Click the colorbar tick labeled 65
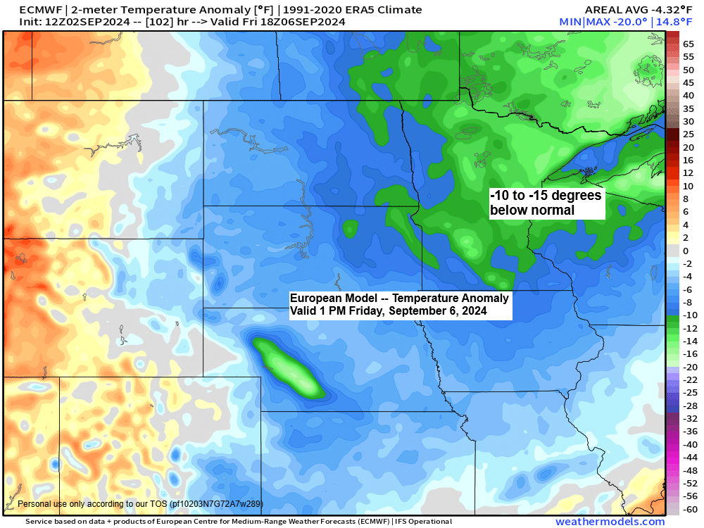click(x=689, y=44)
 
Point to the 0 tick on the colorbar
click(x=686, y=251)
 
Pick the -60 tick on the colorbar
click(x=689, y=509)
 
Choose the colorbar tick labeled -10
click(x=689, y=315)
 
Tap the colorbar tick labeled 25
click(x=689, y=134)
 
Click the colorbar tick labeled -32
click(x=689, y=418)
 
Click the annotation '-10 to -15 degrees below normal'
click(x=546, y=203)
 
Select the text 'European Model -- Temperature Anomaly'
click(x=399, y=298)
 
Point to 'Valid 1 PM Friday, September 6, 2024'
click(x=388, y=310)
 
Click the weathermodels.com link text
click(x=610, y=522)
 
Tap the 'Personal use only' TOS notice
click(x=139, y=504)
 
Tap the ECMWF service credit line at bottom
click(x=239, y=522)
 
